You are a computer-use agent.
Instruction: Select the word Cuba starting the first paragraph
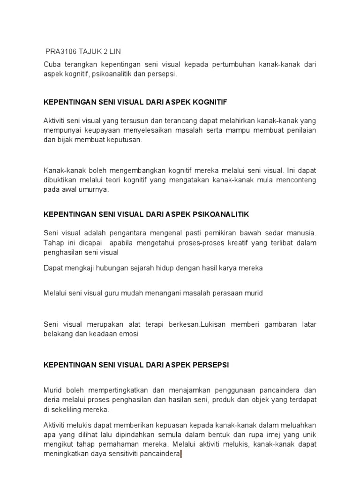click(52, 65)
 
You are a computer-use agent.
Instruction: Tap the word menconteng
click(294, 180)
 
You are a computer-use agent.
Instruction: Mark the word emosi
click(130, 334)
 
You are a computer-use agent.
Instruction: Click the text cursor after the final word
click(181, 454)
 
